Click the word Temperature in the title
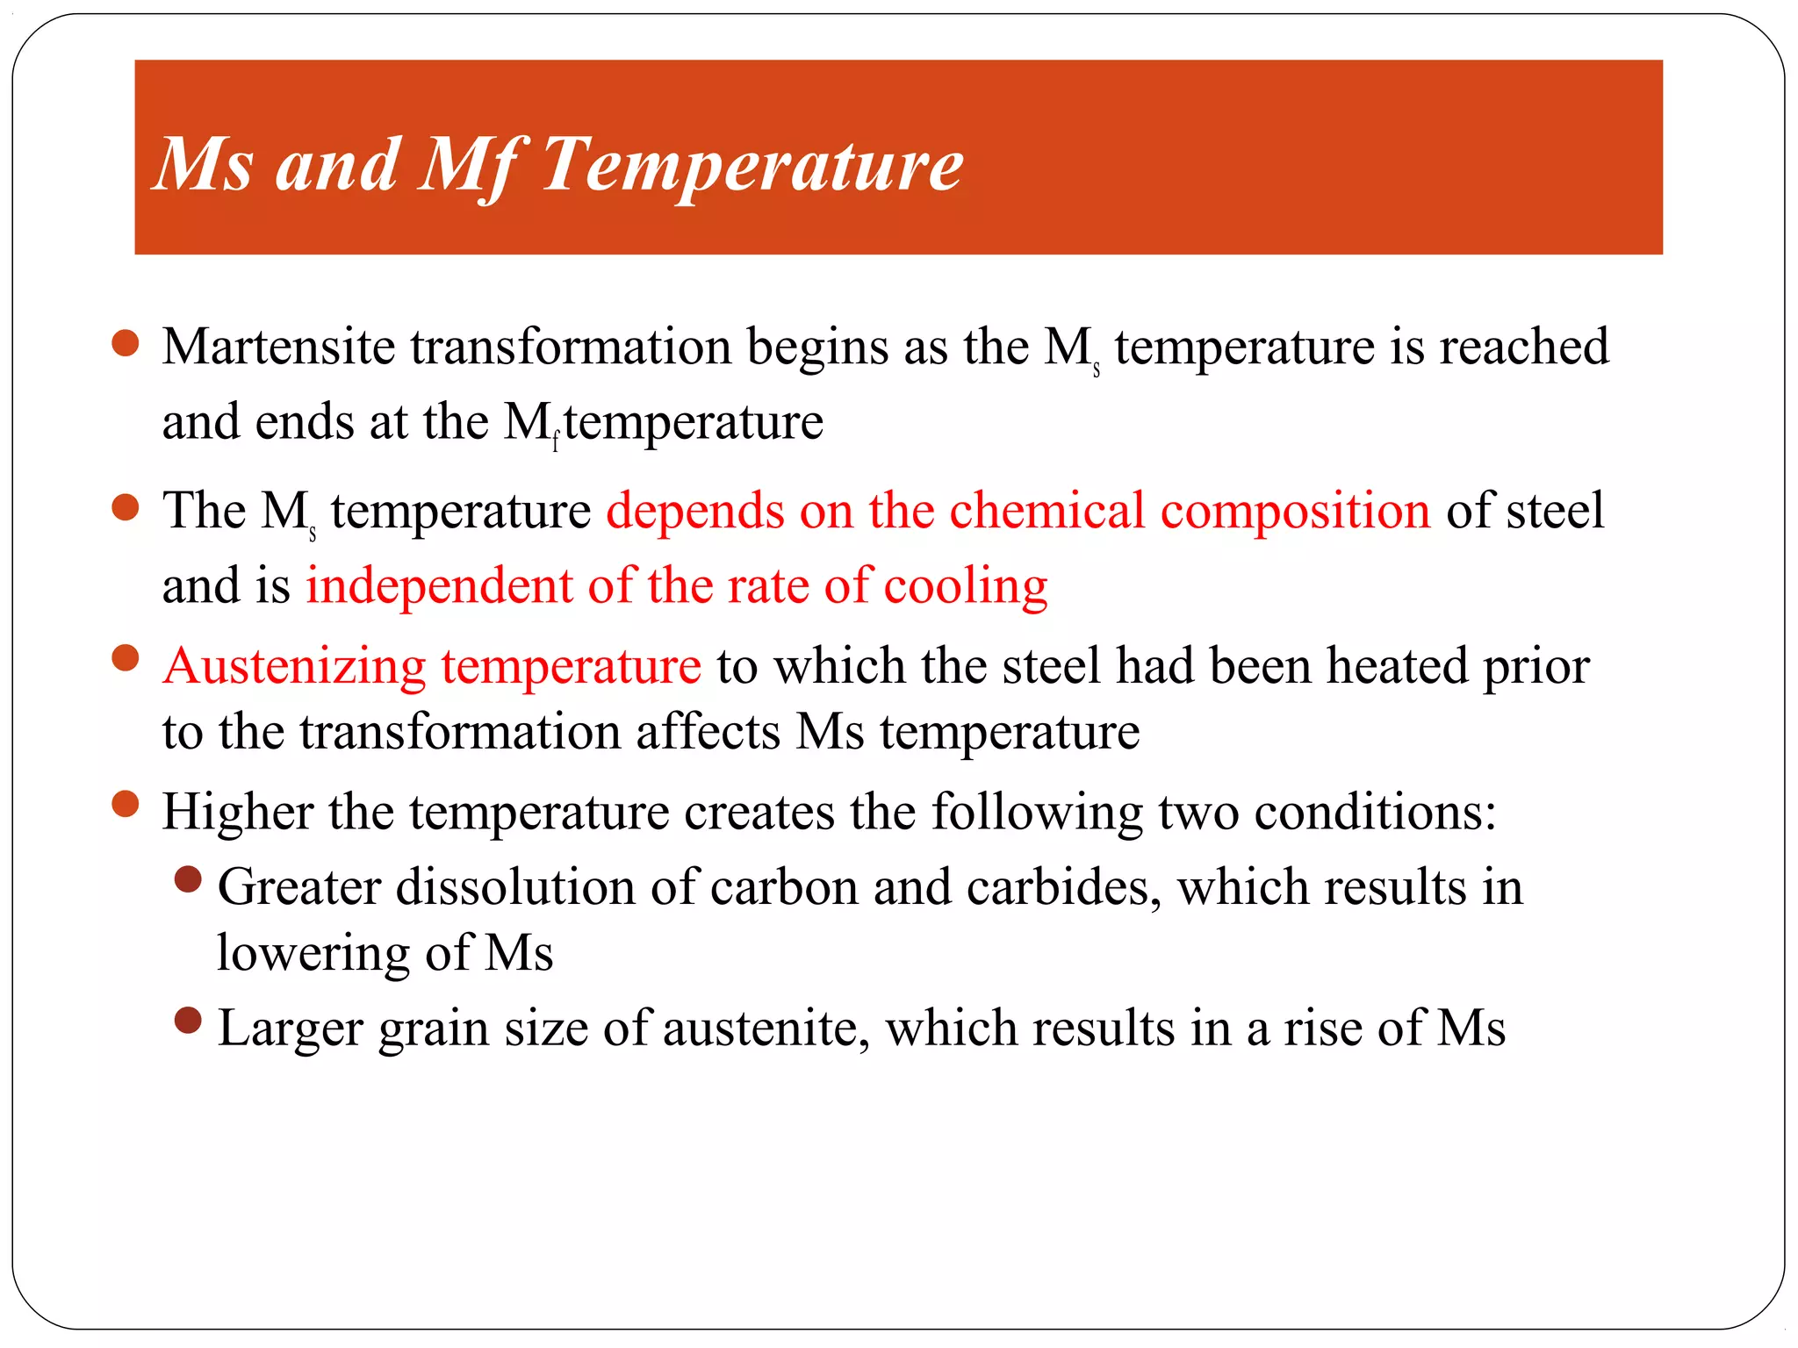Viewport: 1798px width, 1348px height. point(752,164)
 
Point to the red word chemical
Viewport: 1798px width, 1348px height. point(1046,511)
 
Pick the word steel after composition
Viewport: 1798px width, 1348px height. point(1555,511)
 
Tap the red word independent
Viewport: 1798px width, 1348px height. point(439,586)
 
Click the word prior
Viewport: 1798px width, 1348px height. point(1536,667)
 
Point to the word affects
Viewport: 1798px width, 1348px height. point(708,732)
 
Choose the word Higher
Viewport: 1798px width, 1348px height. point(238,813)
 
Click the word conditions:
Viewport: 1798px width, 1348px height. point(1374,813)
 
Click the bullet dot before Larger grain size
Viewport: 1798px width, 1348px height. point(188,1021)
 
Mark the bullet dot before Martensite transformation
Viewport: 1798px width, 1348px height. point(126,343)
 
